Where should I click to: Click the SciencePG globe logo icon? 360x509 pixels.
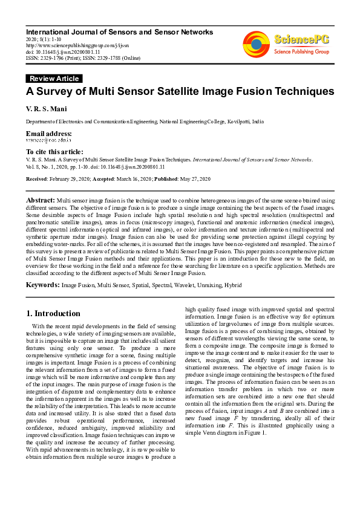256,44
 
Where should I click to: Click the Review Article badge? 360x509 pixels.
54,79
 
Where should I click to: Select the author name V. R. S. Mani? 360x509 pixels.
44,109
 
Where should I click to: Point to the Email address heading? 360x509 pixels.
48,134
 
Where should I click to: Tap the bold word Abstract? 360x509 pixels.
41,200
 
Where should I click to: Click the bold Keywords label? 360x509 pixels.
42,284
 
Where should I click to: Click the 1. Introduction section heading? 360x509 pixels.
53,314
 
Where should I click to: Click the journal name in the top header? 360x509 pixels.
119,31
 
